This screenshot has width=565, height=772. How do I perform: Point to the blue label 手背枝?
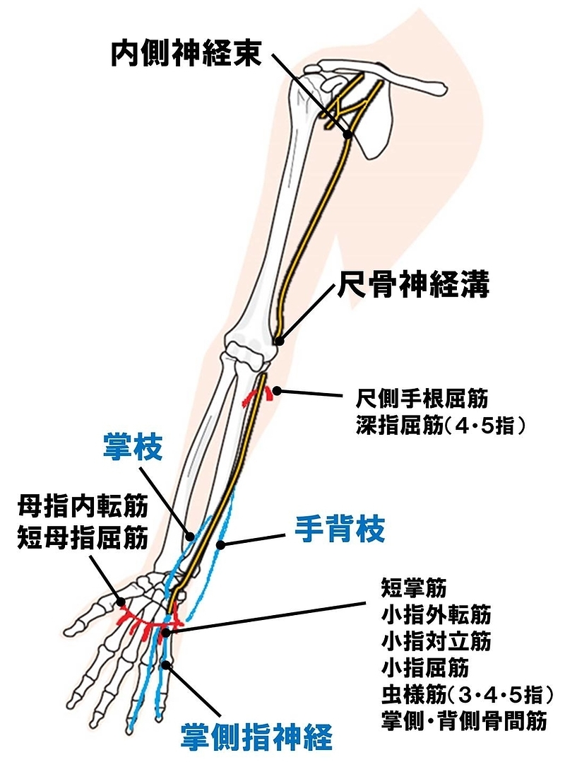[x=340, y=530]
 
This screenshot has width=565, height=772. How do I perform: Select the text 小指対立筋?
[x=436, y=641]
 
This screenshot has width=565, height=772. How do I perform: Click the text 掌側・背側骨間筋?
[x=464, y=721]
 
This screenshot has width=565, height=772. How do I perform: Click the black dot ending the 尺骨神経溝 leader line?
[x=279, y=341]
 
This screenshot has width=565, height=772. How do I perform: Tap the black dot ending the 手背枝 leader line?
[x=221, y=544]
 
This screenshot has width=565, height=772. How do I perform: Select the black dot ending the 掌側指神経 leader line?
[x=167, y=664]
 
